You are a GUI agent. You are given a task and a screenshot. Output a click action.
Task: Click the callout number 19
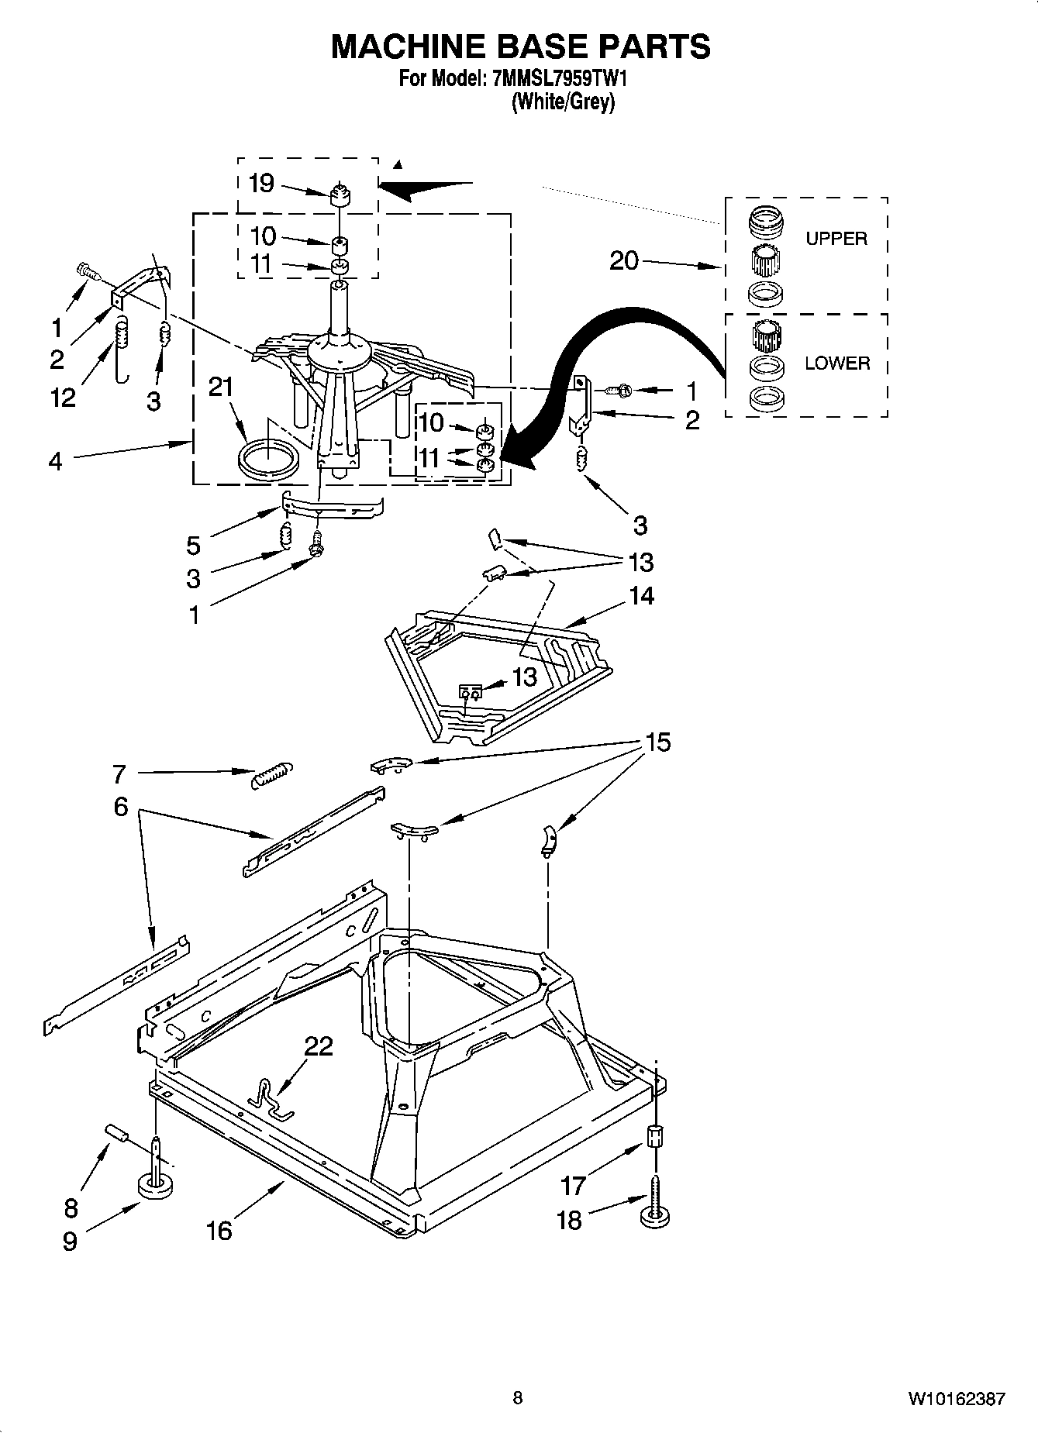261,184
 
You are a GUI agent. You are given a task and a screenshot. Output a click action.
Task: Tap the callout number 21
222,387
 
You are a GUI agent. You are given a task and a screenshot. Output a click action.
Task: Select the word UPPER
836,239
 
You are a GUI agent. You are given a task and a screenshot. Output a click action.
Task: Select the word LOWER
837,363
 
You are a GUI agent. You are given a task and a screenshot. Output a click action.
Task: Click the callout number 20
624,261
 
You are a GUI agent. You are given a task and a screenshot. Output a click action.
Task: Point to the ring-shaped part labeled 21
267,462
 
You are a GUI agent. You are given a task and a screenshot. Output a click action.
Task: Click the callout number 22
318,1046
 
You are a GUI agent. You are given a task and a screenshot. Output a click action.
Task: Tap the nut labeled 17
655,1137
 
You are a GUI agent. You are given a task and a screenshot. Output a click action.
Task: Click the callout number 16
219,1230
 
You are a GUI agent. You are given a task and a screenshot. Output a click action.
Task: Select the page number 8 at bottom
518,1398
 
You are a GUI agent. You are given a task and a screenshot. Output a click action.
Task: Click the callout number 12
63,397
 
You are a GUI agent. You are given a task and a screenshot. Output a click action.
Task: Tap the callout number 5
193,545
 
